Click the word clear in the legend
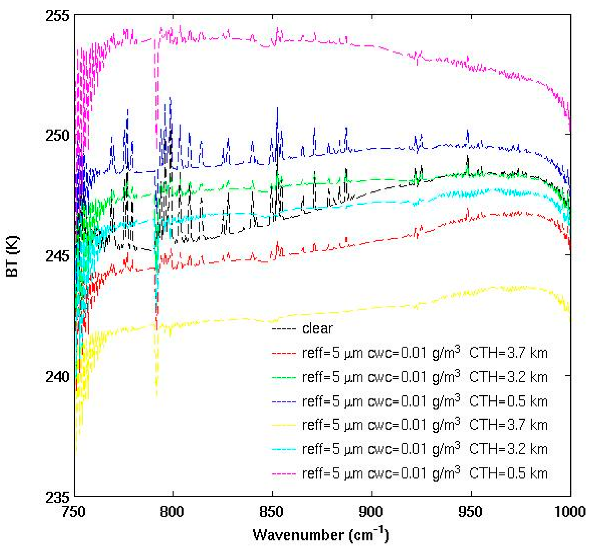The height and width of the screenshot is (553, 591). pyautogui.click(x=318, y=329)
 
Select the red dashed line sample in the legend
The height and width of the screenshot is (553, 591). pyautogui.click(x=284, y=353)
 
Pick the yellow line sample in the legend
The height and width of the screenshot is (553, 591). pyautogui.click(x=284, y=425)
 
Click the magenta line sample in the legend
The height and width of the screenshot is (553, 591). pyautogui.click(x=284, y=474)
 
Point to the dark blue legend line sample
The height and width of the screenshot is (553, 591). pyautogui.click(x=284, y=402)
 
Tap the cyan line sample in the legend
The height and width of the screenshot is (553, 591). pyautogui.click(x=284, y=449)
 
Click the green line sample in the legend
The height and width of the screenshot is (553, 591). pyautogui.click(x=284, y=377)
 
